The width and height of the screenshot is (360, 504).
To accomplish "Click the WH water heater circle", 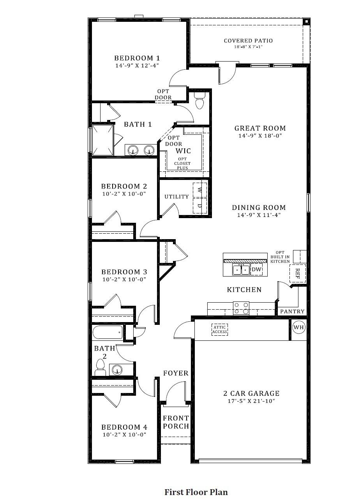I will [298, 327].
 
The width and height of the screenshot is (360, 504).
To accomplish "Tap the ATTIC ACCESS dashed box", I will [219, 330].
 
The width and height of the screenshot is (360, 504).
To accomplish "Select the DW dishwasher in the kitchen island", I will [256, 269].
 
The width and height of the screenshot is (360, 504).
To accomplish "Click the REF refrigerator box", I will [298, 273].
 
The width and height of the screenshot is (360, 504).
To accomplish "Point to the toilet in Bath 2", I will [100, 367].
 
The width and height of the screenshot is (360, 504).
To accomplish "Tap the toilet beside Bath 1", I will [199, 101].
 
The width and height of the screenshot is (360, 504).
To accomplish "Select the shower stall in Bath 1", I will [102, 140].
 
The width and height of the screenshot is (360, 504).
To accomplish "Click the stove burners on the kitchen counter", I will [241, 308].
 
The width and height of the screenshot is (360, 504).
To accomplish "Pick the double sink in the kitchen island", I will [241, 270].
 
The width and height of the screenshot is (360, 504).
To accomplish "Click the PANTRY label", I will [293, 312].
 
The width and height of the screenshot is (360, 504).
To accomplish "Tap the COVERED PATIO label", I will [248, 41].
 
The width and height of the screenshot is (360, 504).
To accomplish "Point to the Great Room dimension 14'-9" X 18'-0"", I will [260, 136].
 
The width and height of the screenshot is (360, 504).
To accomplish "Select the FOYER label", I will [176, 373].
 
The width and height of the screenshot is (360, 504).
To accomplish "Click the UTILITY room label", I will [176, 197].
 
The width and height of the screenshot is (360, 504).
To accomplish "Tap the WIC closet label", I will [183, 151].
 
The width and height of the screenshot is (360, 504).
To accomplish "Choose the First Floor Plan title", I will [196, 492].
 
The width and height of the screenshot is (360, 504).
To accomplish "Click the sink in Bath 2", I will [117, 369].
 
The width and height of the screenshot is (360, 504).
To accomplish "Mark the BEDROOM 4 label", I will [124, 427].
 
